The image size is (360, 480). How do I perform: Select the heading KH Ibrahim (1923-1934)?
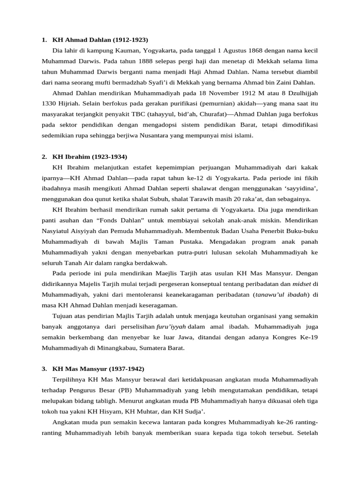pos(90,156)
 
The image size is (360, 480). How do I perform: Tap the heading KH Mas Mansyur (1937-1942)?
pos(98,369)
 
